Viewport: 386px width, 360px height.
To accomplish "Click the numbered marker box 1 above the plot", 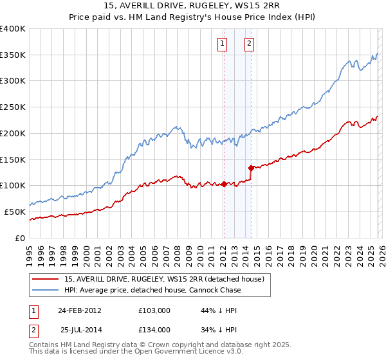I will pos(222,44).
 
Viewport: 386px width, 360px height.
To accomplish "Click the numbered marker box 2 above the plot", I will pos(249,44).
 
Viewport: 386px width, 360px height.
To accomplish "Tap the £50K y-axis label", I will pos(15,212).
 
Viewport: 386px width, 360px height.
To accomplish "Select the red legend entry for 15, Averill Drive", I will pos(164,280).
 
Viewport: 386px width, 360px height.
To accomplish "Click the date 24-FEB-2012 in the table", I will pos(79,310).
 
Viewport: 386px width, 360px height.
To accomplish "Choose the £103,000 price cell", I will pos(154,310).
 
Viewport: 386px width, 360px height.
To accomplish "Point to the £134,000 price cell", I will pos(154,329).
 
